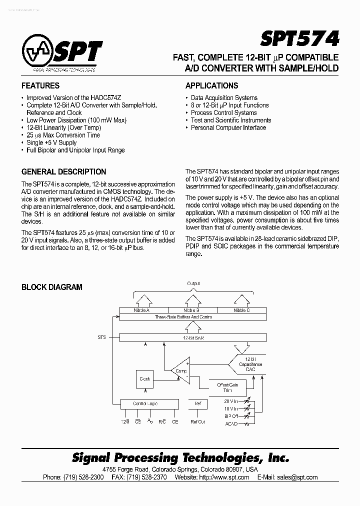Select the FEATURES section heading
tap(40, 85)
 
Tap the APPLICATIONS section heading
tap(211, 85)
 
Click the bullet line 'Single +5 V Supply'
tap(51, 142)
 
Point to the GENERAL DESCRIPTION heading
tap(63, 171)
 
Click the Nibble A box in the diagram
tap(142, 310)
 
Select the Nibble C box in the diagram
tap(241, 310)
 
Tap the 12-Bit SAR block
tap(192, 338)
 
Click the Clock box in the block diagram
tap(145, 378)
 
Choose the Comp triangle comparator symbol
tap(180, 370)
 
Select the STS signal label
tap(101, 338)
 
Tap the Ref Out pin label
tap(197, 422)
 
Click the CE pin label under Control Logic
tap(175, 422)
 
